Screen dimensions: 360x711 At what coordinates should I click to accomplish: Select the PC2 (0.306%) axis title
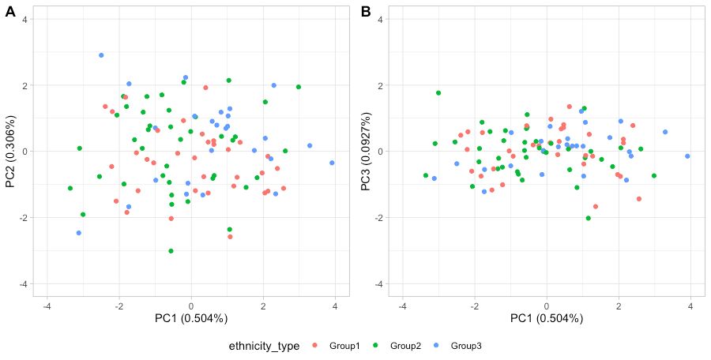11,151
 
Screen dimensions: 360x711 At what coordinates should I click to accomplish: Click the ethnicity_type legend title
264,346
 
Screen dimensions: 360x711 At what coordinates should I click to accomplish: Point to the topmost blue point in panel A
101,55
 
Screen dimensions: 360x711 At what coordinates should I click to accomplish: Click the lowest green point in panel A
171,251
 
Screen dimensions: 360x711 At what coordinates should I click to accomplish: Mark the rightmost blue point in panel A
332,163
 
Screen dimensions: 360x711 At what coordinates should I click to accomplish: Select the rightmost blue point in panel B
687,156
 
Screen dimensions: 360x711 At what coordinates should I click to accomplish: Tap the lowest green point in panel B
589,218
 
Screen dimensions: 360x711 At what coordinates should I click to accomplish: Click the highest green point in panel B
438,92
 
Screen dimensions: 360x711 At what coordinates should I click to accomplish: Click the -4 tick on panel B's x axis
403,306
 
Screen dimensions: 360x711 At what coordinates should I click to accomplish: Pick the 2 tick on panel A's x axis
263,306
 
